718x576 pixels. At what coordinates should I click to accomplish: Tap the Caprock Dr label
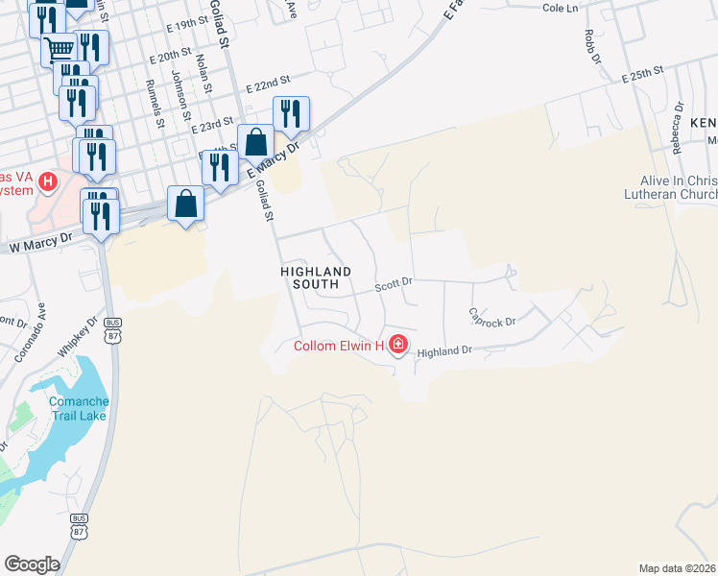tap(492, 316)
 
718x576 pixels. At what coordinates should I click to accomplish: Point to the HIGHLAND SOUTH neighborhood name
tap(317, 278)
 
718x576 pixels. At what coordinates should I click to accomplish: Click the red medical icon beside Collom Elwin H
tap(397, 345)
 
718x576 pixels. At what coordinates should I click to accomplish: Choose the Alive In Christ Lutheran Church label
tap(678, 188)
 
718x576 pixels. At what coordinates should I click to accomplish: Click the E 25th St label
tap(643, 73)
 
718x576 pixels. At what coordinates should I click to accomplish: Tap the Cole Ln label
tap(561, 8)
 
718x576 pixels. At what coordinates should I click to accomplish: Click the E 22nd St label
tap(268, 86)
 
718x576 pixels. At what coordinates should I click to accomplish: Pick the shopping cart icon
tap(60, 48)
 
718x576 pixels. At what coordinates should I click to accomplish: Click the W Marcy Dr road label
tap(40, 247)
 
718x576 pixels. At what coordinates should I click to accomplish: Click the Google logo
tap(32, 564)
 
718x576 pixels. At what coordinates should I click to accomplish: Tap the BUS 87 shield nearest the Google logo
tap(79, 524)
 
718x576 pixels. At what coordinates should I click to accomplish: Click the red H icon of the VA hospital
tap(48, 180)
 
